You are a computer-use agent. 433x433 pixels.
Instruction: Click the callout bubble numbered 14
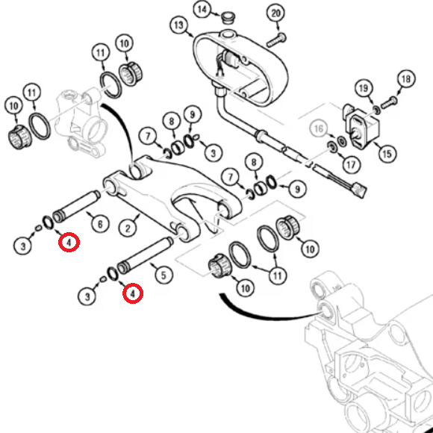coord(202,10)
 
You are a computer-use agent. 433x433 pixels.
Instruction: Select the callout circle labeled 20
coord(275,13)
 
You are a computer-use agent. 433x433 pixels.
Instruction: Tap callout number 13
coord(178,25)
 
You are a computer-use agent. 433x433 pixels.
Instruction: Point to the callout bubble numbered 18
coord(406,79)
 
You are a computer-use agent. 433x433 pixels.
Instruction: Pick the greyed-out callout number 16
coord(318,128)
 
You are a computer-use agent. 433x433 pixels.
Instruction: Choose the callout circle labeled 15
coord(387,154)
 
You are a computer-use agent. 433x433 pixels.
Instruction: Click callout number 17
coord(351,165)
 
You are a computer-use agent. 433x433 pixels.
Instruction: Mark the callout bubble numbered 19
coord(364,88)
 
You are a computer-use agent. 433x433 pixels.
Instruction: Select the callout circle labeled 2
coord(128,228)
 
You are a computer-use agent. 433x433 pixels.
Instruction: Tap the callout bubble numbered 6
coord(100,224)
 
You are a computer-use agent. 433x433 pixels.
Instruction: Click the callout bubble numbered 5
coord(163,275)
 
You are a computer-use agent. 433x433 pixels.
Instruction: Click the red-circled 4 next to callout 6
coord(69,243)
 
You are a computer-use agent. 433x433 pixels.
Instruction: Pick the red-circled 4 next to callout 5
coord(133,293)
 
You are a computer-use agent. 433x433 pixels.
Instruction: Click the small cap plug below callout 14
coord(228,18)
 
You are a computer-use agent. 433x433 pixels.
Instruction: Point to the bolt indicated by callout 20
coord(276,40)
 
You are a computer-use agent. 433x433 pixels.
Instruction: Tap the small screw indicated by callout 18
coord(390,102)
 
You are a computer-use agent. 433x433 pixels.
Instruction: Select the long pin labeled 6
coord(76,207)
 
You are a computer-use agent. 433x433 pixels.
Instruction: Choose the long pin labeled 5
coord(146,255)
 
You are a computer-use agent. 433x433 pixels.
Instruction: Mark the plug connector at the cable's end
coord(361,189)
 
